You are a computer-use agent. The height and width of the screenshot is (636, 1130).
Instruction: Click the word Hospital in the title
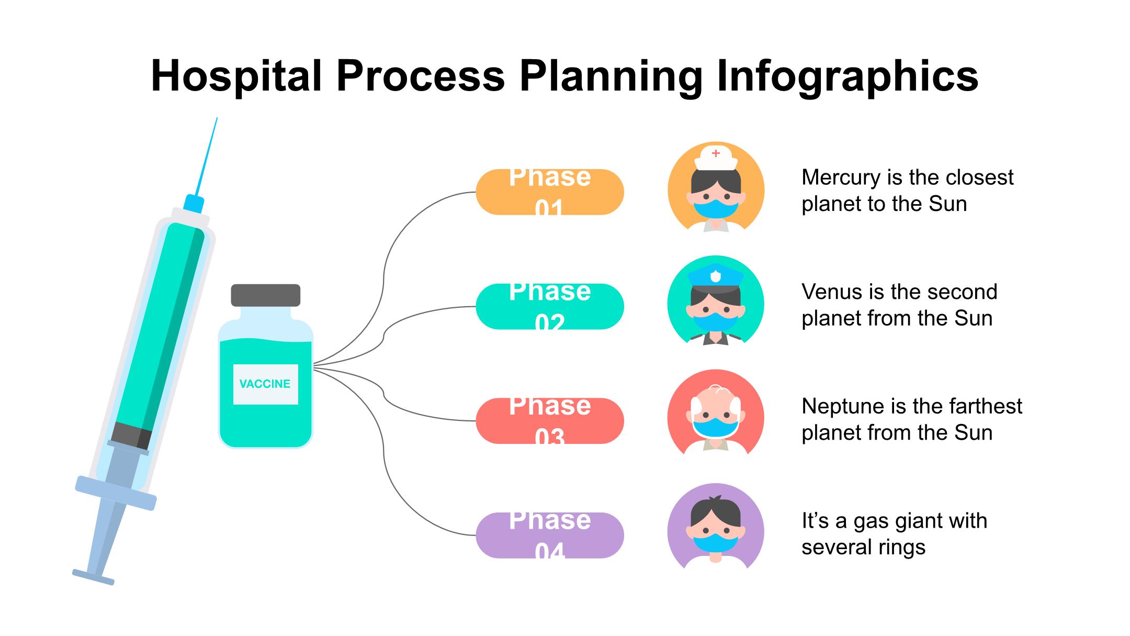[235, 76]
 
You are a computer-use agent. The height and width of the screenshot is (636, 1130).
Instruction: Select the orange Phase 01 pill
[549, 192]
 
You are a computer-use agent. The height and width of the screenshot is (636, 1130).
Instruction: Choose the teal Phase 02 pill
[549, 307]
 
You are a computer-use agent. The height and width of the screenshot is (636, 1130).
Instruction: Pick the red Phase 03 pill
[549, 421]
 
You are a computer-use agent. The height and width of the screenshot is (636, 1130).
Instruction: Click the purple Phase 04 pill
[549, 535]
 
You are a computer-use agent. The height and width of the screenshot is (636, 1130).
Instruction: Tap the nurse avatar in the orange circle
[716, 188]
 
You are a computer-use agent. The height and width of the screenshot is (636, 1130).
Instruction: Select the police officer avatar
[716, 303]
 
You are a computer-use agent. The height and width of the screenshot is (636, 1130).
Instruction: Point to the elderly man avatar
[716, 417]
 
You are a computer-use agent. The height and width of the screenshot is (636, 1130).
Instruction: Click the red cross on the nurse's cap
[716, 153]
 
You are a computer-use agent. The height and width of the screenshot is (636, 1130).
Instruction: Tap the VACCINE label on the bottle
[265, 384]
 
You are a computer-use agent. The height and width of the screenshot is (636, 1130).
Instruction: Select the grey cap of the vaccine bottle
[265, 295]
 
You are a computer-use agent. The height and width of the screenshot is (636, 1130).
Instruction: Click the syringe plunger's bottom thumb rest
[93, 576]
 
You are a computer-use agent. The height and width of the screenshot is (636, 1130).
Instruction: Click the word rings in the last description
[902, 548]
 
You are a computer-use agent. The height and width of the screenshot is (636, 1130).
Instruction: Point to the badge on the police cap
[716, 274]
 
